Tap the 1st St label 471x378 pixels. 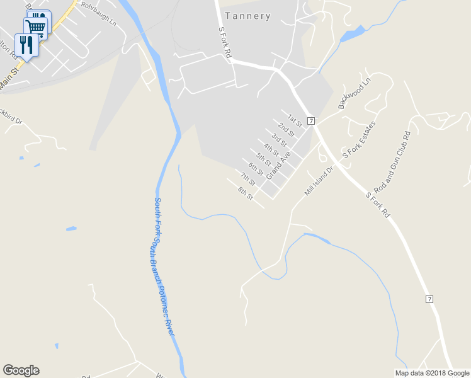point(295,120)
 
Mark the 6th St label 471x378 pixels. point(256,169)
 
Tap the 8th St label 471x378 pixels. point(245,193)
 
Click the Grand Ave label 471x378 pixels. point(278,165)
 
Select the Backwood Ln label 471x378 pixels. point(355,94)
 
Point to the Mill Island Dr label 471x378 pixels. point(317,181)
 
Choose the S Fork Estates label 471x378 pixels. point(358,139)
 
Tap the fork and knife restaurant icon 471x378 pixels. point(25,44)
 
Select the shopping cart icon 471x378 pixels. point(36,26)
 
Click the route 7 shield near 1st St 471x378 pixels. point(311,120)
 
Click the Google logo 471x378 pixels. point(21,370)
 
